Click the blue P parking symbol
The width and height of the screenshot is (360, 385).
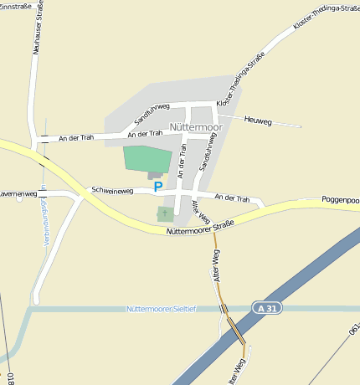[157, 187]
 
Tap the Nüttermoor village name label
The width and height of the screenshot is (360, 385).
[196, 127]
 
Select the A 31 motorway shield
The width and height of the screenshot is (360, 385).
[266, 309]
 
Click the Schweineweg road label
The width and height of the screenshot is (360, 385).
[112, 191]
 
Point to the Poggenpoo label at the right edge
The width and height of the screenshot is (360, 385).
[340, 201]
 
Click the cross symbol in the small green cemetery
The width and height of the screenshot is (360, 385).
[165, 214]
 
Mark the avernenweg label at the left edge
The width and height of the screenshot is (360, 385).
[18, 193]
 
